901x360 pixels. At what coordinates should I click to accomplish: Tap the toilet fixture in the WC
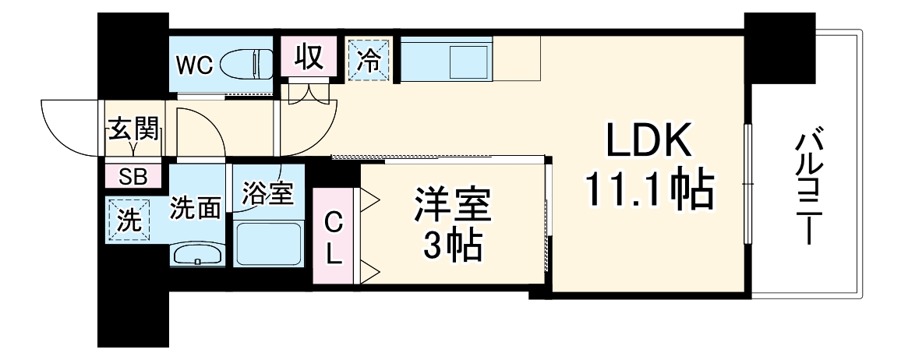tap(246, 65)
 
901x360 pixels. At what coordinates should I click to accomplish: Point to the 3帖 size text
tap(451, 247)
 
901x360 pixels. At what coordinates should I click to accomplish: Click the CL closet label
tap(333, 238)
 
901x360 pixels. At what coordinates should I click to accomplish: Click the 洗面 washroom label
tap(196, 209)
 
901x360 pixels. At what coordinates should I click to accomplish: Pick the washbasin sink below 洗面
tap(197, 254)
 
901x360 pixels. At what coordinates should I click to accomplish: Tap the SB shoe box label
tap(132, 176)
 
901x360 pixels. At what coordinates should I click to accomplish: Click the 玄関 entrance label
tap(133, 129)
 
